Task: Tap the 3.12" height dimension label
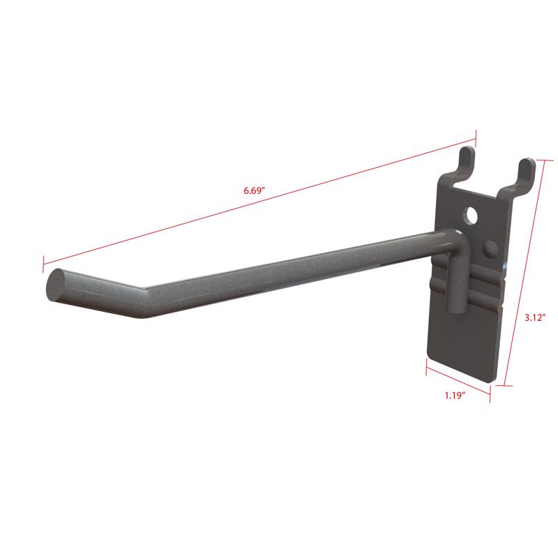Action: coord(536,317)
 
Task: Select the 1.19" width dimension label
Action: coord(455,395)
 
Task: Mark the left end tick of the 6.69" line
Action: coord(43,264)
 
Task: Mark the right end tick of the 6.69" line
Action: coord(476,137)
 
